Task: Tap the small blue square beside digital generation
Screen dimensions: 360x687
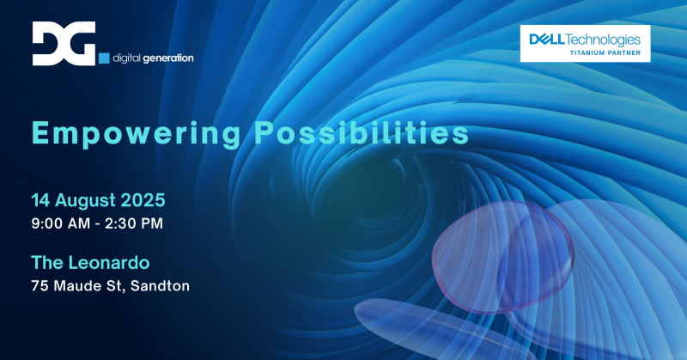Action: pos(105,58)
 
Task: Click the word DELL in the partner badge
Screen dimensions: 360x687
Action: pos(547,39)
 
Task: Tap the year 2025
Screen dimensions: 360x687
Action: pos(144,200)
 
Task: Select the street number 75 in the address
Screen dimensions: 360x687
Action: pos(40,284)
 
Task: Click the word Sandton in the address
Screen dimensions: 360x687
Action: pos(160,284)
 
